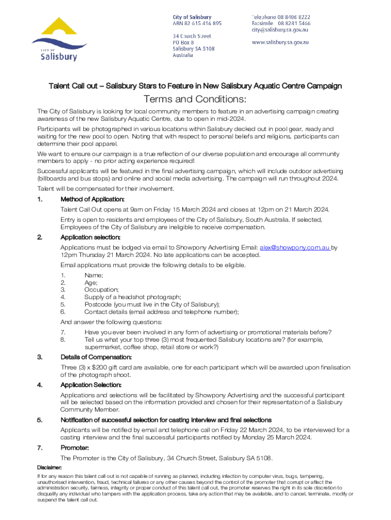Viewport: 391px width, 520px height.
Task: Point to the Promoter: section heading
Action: point(75,448)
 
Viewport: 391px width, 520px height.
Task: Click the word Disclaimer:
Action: point(50,467)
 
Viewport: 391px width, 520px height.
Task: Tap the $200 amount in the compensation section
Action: point(100,367)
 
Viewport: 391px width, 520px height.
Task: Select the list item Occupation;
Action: point(102,289)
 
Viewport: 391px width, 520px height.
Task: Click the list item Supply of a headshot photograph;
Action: point(133,297)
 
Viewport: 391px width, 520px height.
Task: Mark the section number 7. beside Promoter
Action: point(40,448)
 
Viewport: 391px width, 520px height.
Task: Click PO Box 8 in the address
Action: point(183,43)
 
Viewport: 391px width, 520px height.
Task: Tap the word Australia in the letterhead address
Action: point(183,55)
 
